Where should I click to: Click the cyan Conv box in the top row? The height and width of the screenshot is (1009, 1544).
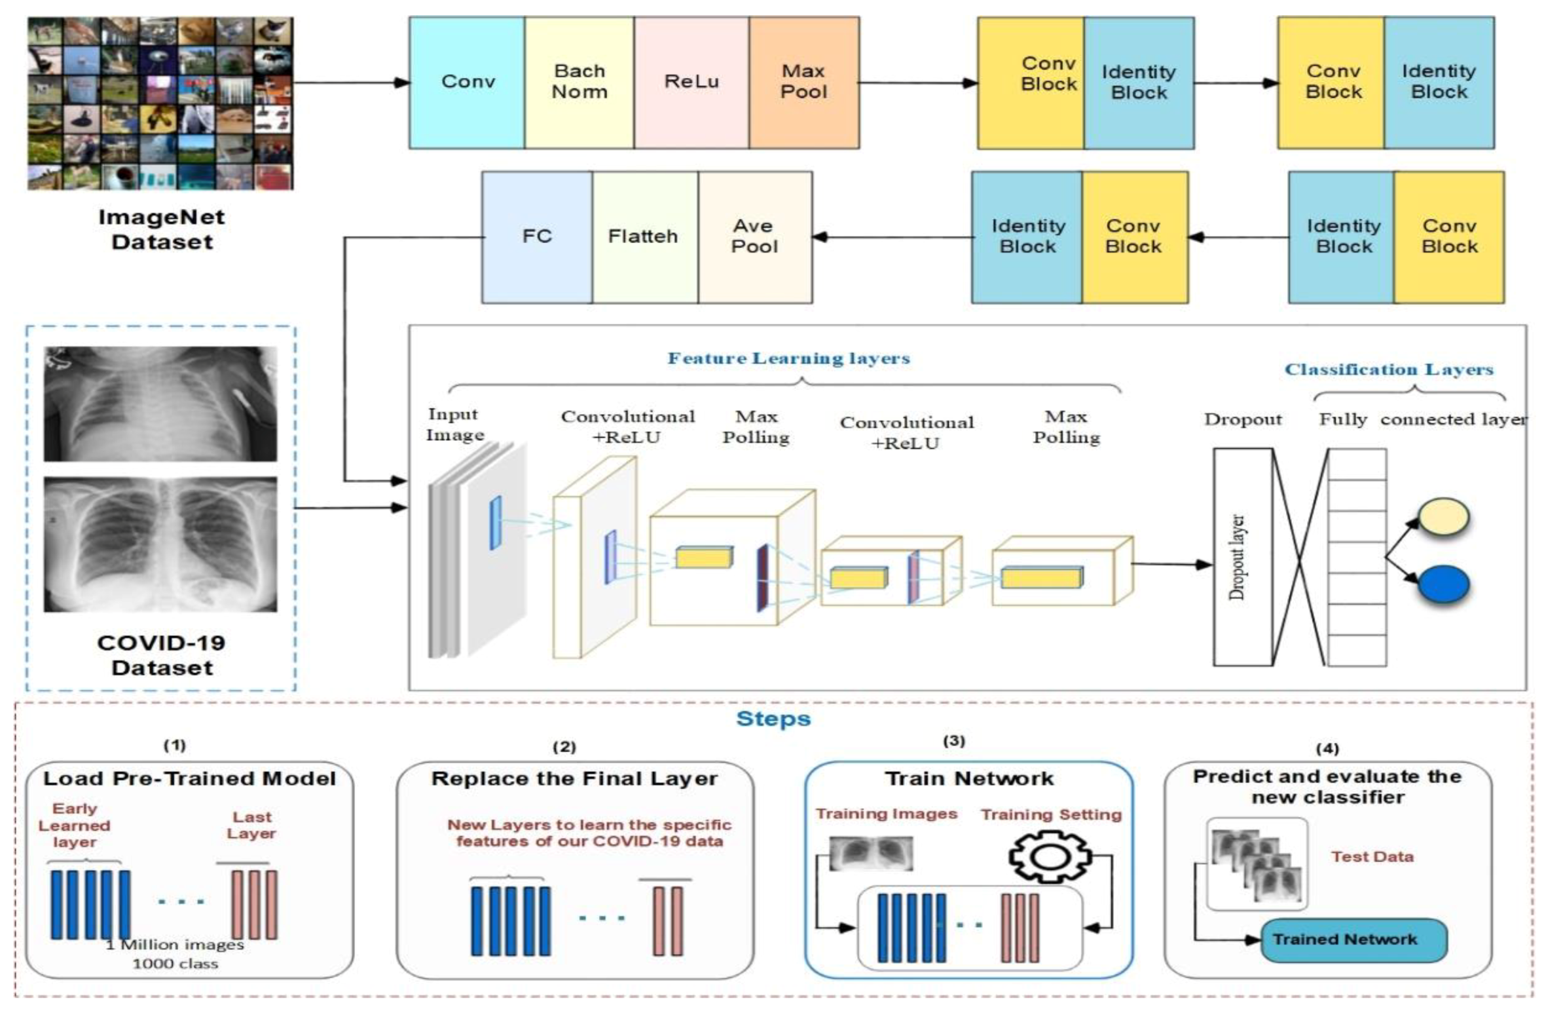[x=467, y=83]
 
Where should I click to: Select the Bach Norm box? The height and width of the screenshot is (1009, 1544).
[x=579, y=83]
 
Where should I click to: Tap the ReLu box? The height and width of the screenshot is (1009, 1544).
[x=691, y=83]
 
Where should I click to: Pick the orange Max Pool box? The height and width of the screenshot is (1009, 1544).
[x=804, y=83]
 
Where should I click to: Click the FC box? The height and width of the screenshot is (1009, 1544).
[x=537, y=237]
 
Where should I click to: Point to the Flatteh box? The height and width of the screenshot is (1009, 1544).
[x=644, y=237]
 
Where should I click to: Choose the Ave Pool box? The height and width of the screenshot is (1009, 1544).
[x=755, y=237]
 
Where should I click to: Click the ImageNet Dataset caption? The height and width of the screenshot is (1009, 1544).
[x=162, y=229]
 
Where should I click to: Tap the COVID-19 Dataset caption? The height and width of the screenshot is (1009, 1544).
[x=162, y=655]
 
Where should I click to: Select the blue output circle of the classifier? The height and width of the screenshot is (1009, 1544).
[x=1443, y=584]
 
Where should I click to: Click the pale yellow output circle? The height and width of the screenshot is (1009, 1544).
[x=1443, y=518]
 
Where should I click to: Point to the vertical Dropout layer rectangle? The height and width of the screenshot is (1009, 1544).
[x=1242, y=557]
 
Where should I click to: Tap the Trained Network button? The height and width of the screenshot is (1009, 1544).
[x=1353, y=940]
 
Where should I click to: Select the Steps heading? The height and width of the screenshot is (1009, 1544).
[x=773, y=719]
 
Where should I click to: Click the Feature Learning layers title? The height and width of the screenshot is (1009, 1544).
[x=788, y=358]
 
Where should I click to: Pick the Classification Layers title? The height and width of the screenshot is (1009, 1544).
[x=1388, y=370]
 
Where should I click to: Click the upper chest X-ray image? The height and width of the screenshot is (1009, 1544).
[x=160, y=404]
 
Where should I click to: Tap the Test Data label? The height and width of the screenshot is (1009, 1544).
[x=1372, y=856]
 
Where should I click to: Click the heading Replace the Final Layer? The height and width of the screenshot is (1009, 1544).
[x=574, y=778]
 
